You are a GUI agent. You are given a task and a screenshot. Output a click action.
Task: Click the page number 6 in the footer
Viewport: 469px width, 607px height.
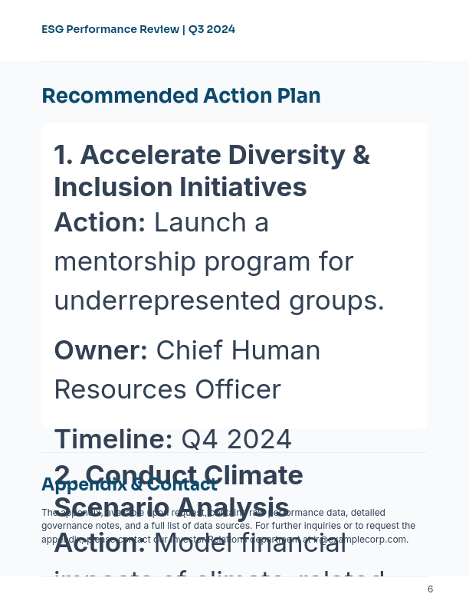pos(430,589)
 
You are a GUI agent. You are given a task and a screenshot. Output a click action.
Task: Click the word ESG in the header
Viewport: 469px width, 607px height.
pos(52,30)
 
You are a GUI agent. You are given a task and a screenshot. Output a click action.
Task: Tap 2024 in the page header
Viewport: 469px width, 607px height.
pos(221,30)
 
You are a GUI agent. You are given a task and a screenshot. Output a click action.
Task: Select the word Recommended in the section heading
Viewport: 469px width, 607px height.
pos(119,97)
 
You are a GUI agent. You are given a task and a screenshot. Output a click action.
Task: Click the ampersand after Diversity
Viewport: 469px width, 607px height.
pos(360,155)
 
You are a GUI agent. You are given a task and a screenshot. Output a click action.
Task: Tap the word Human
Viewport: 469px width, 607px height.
pos(276,350)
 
